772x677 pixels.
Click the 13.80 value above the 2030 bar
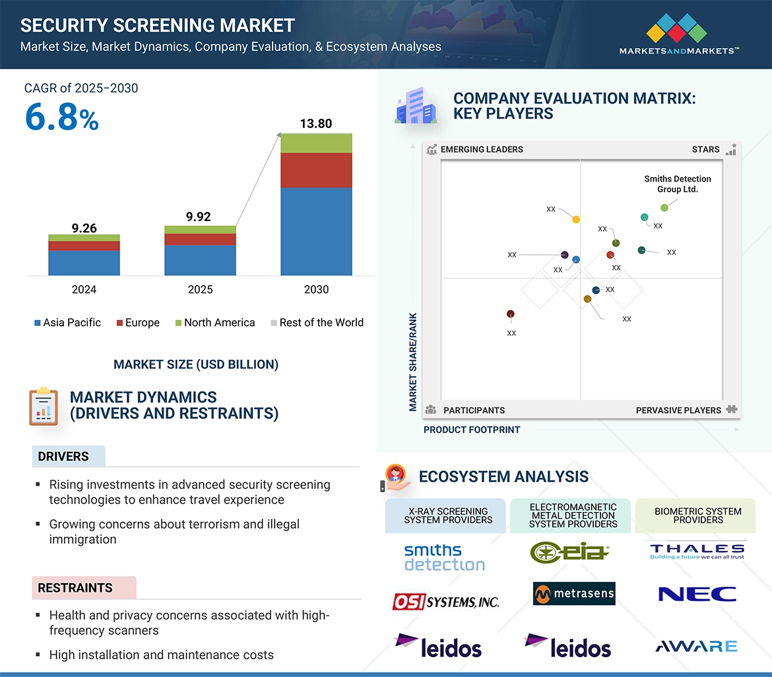click(x=316, y=123)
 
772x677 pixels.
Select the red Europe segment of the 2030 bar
click(x=316, y=170)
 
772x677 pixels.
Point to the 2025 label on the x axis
click(x=200, y=290)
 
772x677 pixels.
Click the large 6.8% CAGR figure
click(x=61, y=117)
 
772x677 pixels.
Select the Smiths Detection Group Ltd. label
click(x=678, y=184)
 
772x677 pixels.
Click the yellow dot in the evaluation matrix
click(x=576, y=219)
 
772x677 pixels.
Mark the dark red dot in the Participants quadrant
click(x=510, y=314)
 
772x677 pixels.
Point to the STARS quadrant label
click(x=705, y=150)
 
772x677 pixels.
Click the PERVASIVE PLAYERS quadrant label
click(x=678, y=410)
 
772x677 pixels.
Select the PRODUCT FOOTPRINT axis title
click(x=472, y=430)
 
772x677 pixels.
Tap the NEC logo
click(x=697, y=594)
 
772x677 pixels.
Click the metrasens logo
click(x=574, y=594)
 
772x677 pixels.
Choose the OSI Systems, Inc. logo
click(x=446, y=601)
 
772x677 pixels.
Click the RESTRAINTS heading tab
click(x=75, y=588)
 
